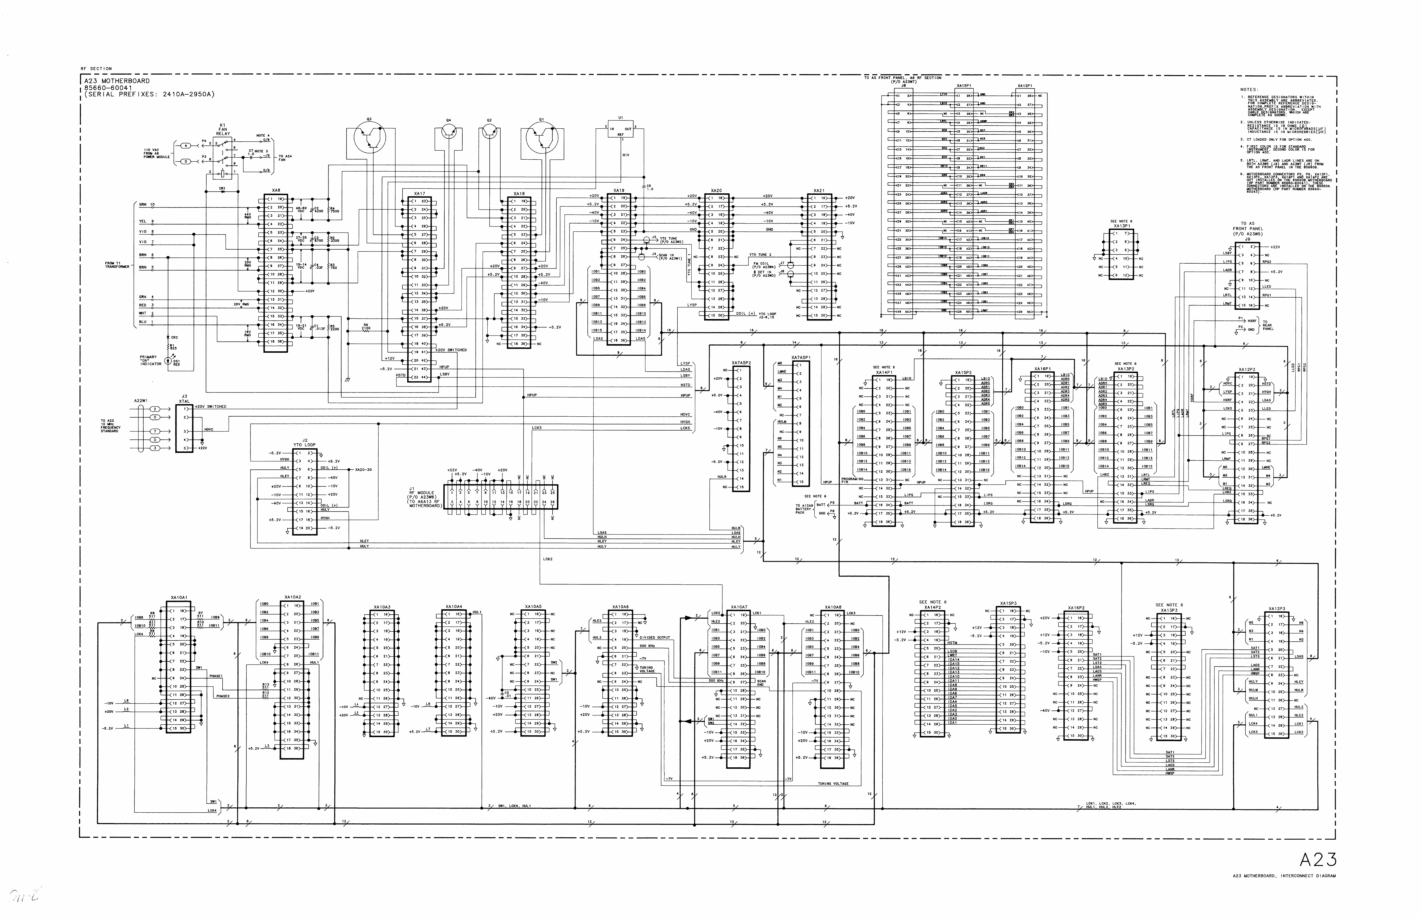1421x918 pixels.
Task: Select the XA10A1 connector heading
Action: click(x=178, y=597)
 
